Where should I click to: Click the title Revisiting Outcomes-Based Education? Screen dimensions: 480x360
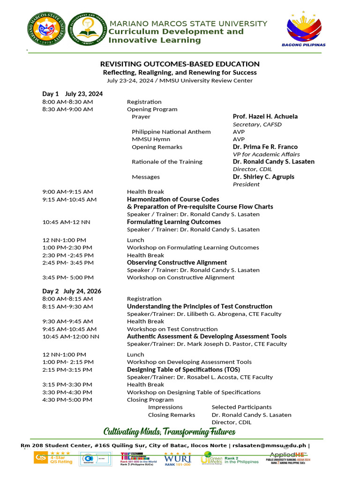pos(180,64)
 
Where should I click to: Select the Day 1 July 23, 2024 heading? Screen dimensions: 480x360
pos(72,94)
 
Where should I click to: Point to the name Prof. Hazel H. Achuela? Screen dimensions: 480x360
pos(265,116)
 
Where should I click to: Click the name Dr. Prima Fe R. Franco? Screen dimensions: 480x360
pos(265,147)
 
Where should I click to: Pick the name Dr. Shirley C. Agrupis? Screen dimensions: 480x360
pos(263,177)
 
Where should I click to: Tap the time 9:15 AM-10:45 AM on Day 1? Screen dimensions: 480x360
pos(69,199)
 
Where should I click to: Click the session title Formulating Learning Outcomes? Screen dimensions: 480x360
pos(173,222)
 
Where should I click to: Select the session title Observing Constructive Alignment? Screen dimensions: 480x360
pos(177,262)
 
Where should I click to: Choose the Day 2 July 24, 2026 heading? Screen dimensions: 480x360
pos(72,291)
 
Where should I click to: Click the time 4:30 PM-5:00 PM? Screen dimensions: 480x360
pos(67,400)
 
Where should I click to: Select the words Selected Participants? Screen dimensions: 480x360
pos(241,407)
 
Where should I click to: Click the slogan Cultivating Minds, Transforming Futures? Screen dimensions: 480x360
pos(169,431)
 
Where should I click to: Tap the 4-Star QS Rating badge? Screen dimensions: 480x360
pos(53,458)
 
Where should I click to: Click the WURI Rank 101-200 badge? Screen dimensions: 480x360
pos(178,458)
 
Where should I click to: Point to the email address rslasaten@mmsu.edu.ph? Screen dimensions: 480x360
pos(269,446)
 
